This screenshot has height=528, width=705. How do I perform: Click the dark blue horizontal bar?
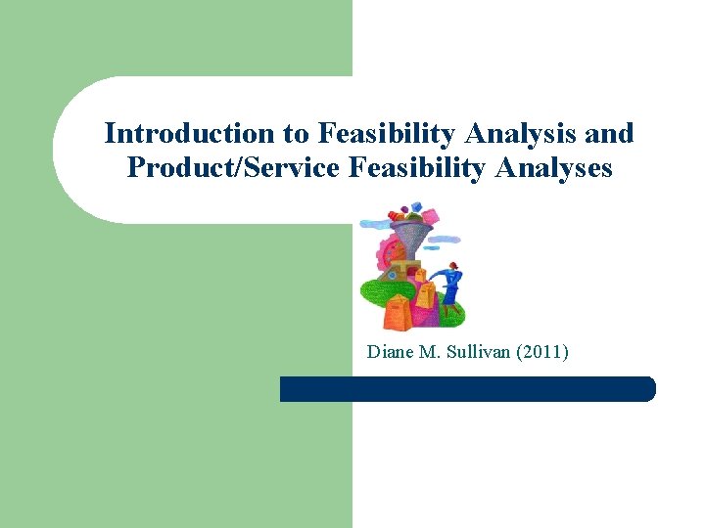coord(467,389)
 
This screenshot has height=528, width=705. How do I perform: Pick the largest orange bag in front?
coord(399,313)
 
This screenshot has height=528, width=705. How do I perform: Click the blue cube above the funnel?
coord(413,208)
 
